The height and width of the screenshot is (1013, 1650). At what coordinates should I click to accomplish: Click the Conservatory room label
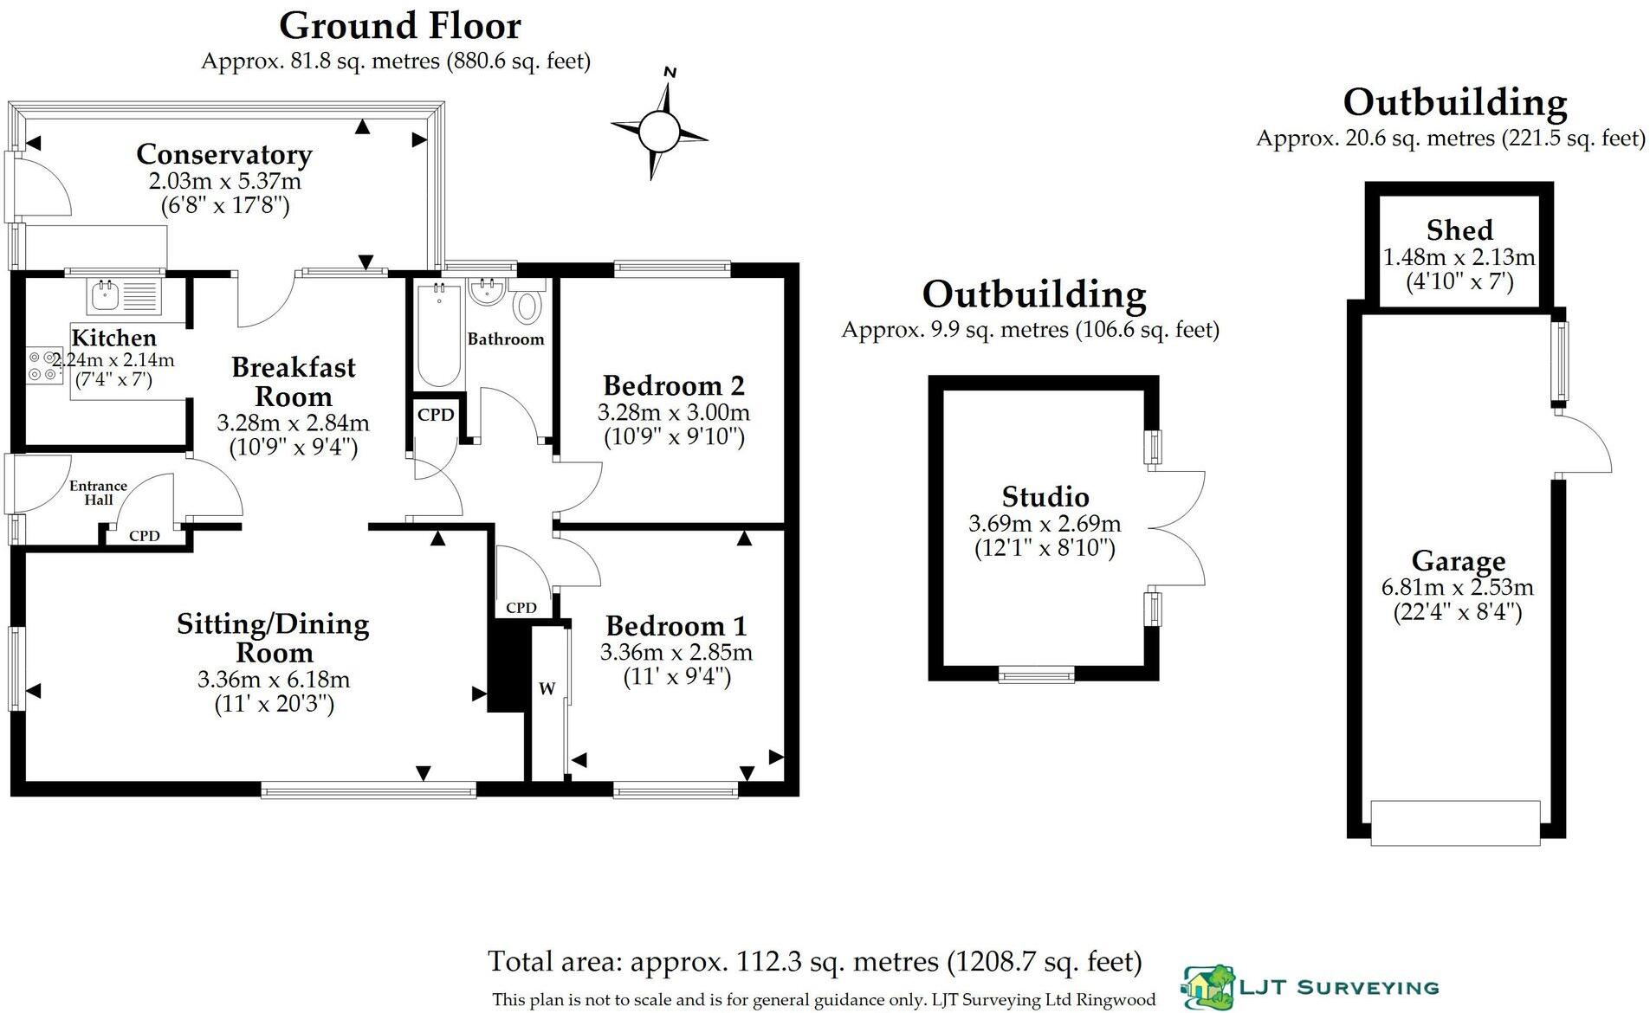coord(223,154)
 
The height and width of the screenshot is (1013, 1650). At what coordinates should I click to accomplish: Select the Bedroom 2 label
coord(673,384)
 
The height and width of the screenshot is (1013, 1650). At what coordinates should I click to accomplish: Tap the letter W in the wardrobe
coord(547,689)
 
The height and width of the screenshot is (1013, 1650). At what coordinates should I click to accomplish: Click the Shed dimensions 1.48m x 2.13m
coord(1459,257)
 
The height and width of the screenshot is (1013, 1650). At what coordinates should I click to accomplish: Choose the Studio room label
coord(1045,497)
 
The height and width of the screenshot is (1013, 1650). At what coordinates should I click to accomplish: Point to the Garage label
coord(1458,561)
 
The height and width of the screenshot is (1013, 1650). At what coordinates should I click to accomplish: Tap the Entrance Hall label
coord(98,493)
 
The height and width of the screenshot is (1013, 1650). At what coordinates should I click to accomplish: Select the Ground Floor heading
coord(399,26)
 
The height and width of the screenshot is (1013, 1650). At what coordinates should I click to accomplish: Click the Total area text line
coord(814,961)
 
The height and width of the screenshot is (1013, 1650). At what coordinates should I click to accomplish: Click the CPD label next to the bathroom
coord(435,415)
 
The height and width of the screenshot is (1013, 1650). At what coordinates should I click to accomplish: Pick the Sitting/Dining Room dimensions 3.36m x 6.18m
coord(274,680)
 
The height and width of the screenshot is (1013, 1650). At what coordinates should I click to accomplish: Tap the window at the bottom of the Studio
coord(1037,674)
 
